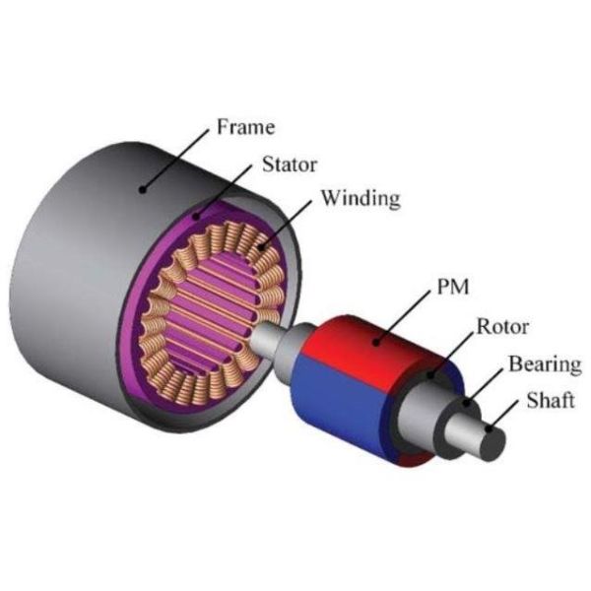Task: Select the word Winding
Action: [360, 199]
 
